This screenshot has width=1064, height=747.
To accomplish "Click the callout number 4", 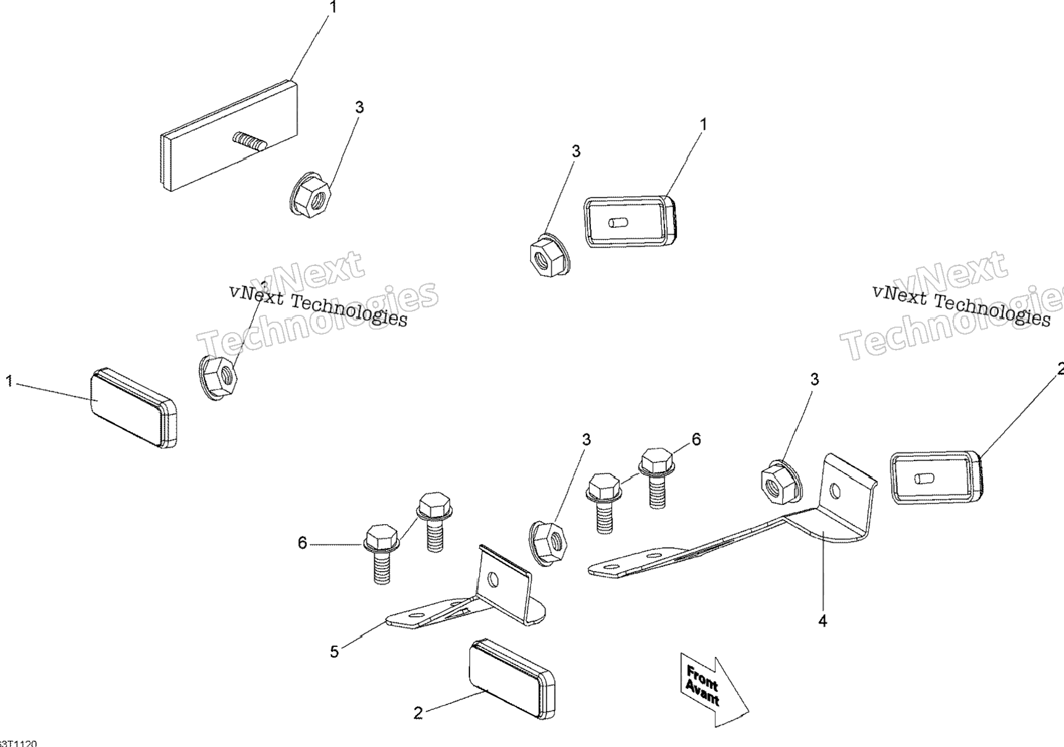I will [x=823, y=621].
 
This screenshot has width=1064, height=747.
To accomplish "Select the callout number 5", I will [x=334, y=652].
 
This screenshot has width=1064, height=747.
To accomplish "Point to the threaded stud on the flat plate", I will [x=249, y=141].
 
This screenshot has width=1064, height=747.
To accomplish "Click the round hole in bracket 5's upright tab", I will [x=493, y=580].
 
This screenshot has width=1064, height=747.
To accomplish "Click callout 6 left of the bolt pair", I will [x=302, y=543].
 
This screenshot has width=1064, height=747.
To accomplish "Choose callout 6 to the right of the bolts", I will [x=696, y=440].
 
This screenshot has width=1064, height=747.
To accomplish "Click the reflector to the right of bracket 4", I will [x=937, y=477].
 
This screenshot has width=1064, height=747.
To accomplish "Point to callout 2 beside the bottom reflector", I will [x=418, y=714].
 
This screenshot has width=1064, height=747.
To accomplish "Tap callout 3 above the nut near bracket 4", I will [x=815, y=380].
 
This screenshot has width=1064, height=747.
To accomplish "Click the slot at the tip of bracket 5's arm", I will [x=416, y=616].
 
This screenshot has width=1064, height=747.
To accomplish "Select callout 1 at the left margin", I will [x=9, y=382].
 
